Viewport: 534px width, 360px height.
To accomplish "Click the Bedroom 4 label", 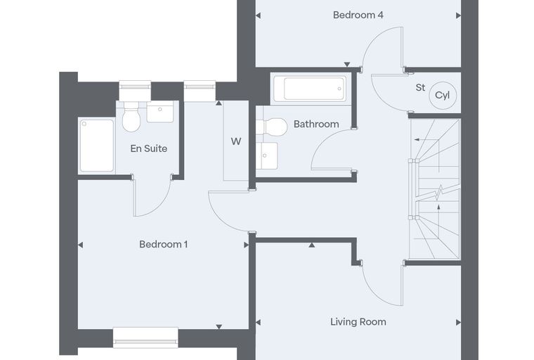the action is point(358,15).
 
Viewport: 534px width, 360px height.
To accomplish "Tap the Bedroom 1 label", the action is point(163,244).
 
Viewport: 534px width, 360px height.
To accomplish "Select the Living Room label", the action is point(358,322).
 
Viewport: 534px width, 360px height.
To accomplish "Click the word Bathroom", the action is point(316,124).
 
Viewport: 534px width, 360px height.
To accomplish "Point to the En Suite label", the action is point(148,148).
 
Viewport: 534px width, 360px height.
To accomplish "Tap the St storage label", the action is point(420,88).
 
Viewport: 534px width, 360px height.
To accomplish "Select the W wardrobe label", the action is point(235,141).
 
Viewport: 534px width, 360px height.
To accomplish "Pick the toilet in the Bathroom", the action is point(271,127).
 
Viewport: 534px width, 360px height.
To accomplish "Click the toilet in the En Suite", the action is point(131,116).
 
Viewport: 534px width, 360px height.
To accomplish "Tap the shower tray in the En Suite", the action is point(97,146).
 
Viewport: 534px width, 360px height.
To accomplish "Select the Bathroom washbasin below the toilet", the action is point(267,156).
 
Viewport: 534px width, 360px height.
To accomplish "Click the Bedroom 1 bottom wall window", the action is point(145,337).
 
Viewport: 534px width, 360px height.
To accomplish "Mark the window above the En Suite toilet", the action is point(135,90).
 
